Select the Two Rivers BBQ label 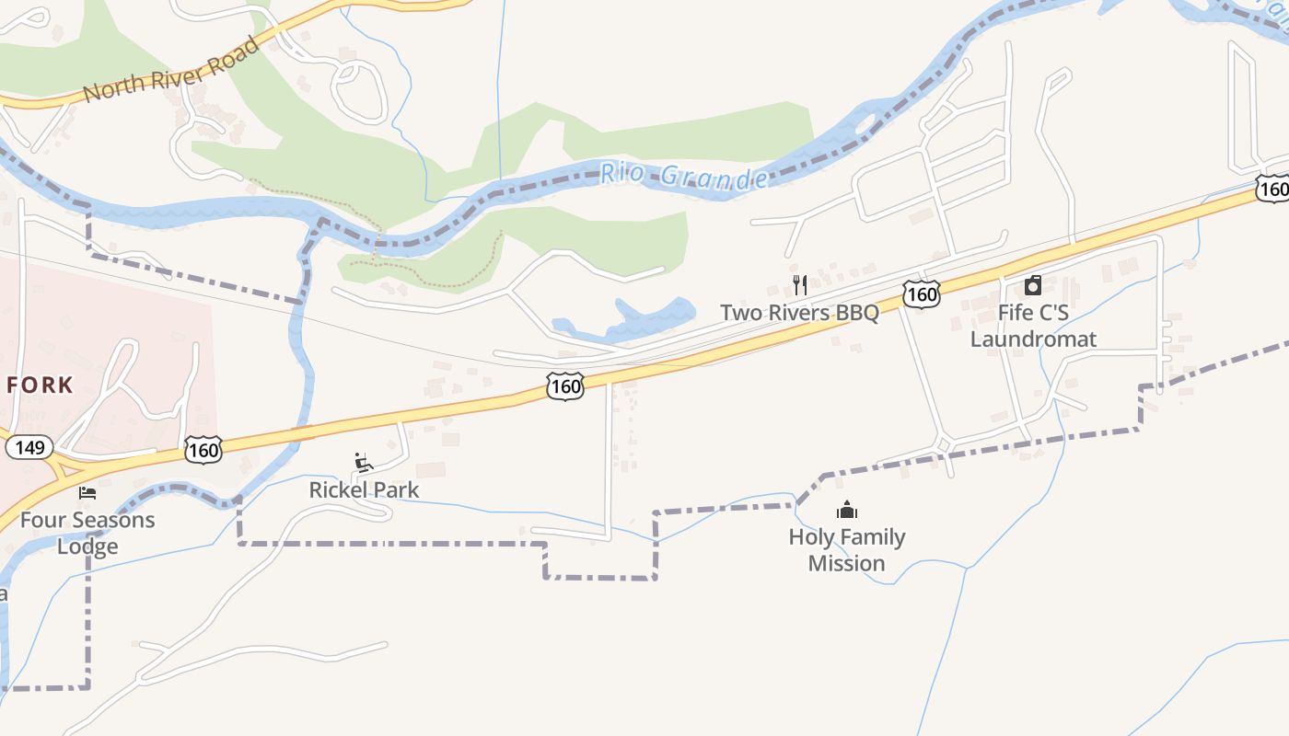(799, 313)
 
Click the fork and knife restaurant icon (799, 285)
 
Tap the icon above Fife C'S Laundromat (1033, 285)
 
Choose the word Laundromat (1033, 339)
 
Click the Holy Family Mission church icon (846, 510)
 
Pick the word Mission (846, 563)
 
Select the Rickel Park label (364, 489)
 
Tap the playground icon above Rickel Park (364, 462)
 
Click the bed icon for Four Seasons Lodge (87, 493)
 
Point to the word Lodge (87, 546)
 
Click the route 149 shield (27, 448)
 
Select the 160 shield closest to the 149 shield (203, 450)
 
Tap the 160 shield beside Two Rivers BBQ (921, 294)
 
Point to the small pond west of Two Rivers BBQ (644, 320)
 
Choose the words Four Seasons (87, 520)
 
